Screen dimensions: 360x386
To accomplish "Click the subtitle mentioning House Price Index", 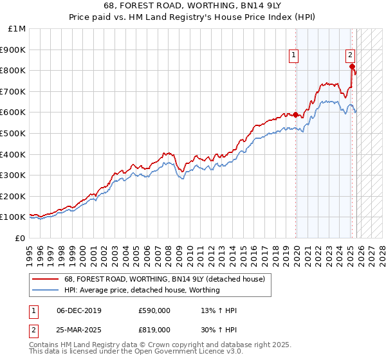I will pos(193,17).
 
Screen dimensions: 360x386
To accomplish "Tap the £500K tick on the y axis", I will pos(14,134).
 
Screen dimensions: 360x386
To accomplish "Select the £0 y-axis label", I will pos(21,238).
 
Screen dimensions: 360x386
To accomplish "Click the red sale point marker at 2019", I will pos(296,115).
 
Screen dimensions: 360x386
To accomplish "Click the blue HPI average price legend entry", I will pos(142,290).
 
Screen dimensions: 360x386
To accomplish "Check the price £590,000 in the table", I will pos(154,310).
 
